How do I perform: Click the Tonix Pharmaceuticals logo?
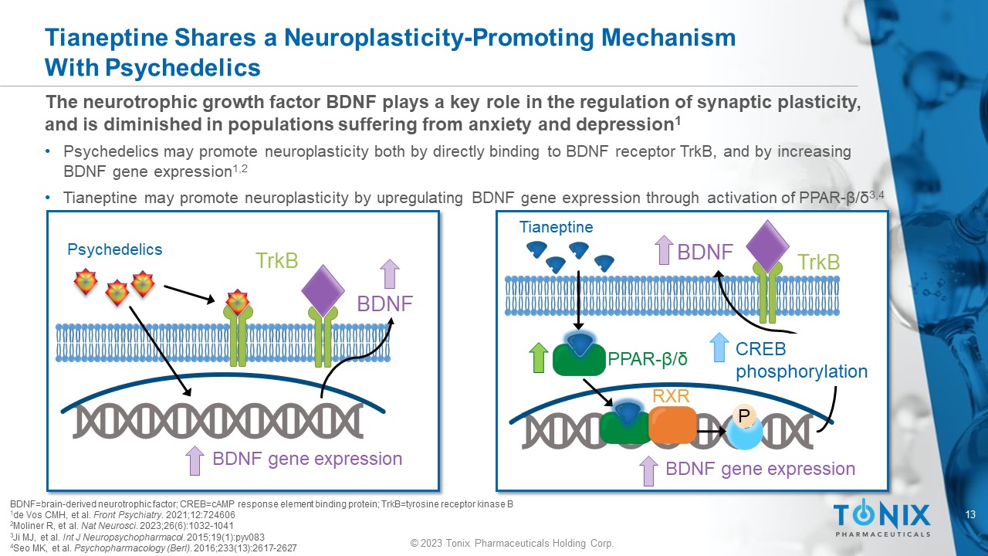coord(881,518)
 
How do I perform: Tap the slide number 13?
coord(971,515)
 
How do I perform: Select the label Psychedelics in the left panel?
coord(115,249)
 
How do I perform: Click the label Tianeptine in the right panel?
coord(556,227)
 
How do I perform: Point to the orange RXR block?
coord(672,424)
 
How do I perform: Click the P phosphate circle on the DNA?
coord(743,417)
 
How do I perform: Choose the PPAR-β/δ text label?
coord(648,359)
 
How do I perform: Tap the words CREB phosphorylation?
coord(801,360)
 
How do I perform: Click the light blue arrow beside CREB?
coord(719,347)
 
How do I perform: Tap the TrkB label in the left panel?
coord(277,261)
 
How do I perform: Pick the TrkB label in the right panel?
coord(818,263)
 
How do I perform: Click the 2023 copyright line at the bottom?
coord(512,544)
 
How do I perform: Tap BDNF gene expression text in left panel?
coord(307,459)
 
